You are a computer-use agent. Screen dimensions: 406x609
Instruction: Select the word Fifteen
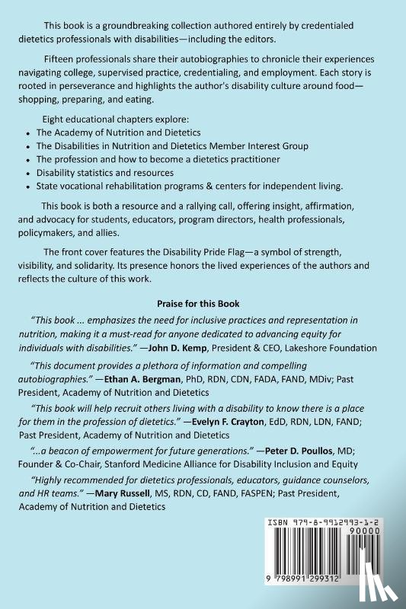click(x=59, y=59)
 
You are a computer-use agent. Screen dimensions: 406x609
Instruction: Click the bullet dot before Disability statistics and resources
click(x=28, y=173)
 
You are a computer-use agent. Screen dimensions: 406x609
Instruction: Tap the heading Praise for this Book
click(x=203, y=301)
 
